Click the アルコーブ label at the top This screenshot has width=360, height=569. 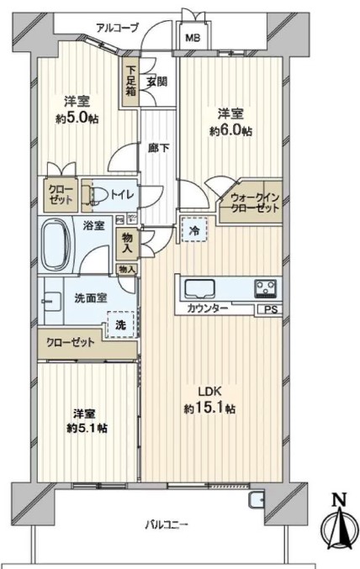(117, 28)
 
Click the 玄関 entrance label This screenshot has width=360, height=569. (157, 82)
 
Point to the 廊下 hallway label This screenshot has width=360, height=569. (159, 148)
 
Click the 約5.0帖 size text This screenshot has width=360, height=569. (77, 119)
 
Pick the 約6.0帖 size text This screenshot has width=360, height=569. (230, 130)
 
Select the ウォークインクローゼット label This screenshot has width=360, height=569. (255, 203)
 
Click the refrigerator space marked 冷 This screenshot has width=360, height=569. (194, 229)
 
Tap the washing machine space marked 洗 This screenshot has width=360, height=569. (121, 324)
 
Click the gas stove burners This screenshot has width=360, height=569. (267, 288)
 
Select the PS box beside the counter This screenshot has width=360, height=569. (270, 309)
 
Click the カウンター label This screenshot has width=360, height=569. (208, 308)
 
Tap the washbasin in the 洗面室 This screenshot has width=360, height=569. (51, 301)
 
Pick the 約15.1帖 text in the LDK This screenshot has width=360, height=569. (209, 408)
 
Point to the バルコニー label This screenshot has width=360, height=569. (167, 524)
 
